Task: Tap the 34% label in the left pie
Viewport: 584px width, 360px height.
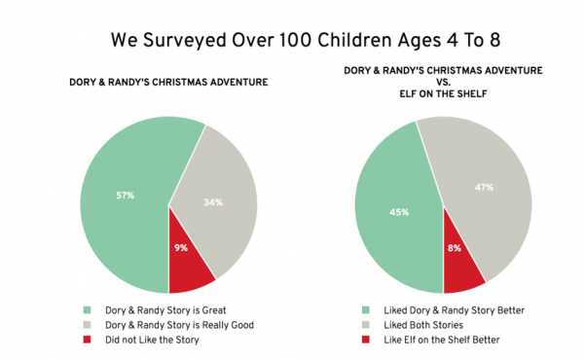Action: click(213, 202)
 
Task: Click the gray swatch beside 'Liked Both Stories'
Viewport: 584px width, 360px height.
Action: click(364, 323)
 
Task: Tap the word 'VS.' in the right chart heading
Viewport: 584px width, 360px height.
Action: click(444, 82)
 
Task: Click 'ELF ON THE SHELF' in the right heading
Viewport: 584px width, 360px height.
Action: click(444, 93)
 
